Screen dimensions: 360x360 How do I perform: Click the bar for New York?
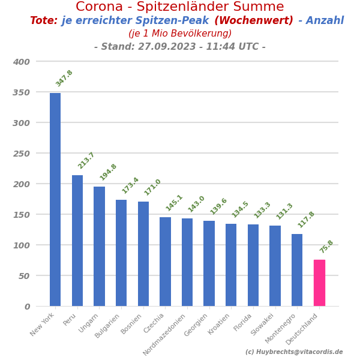(x=55, y=199)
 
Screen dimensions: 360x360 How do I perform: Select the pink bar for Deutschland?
(x=319, y=283)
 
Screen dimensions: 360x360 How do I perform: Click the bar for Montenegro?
(x=297, y=269)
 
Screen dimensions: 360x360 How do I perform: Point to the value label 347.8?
(x=64, y=78)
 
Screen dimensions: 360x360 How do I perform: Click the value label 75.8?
(x=327, y=246)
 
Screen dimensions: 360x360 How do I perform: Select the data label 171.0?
(x=152, y=187)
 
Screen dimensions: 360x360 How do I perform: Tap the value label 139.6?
(x=218, y=206)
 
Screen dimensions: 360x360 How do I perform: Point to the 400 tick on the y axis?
(x=22, y=61)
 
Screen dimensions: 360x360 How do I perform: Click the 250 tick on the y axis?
(x=22, y=153)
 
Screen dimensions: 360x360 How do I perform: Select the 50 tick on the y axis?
(x=24, y=275)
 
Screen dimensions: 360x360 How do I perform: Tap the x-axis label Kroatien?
(x=220, y=324)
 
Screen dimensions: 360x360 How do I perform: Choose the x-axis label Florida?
(x=244, y=322)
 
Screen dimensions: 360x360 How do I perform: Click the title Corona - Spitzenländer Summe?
(x=180, y=7)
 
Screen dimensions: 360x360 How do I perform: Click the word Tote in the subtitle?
(x=43, y=21)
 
